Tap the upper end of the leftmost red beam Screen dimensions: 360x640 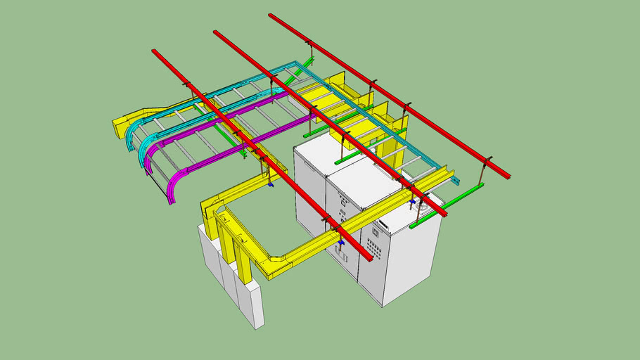155,52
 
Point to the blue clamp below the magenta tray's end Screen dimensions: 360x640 270,186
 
